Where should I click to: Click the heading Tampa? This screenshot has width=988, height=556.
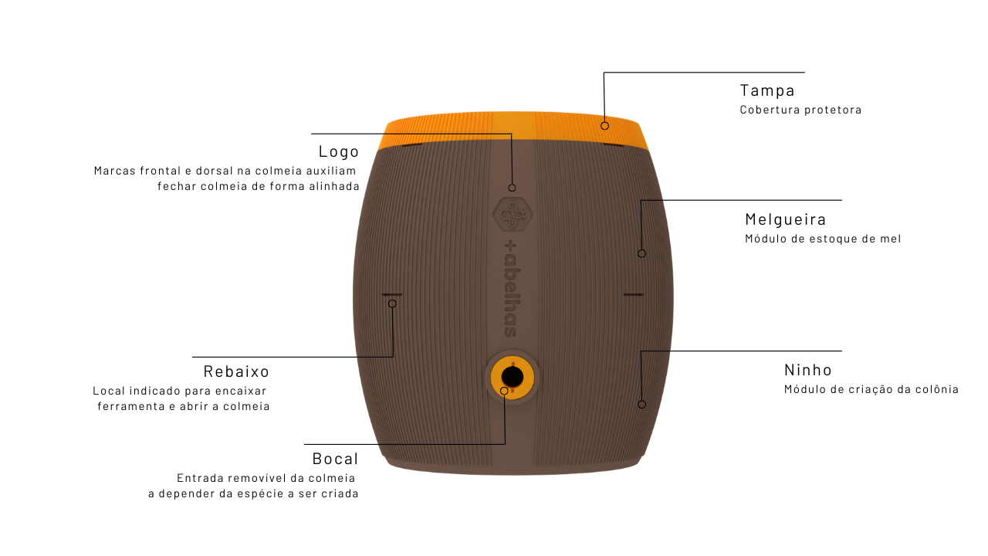pos(767,90)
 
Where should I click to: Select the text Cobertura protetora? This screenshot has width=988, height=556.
pos(800,110)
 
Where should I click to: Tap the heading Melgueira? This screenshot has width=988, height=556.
pos(786,219)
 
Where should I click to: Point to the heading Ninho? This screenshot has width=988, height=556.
pos(808,370)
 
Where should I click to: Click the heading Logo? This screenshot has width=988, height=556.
pos(339,151)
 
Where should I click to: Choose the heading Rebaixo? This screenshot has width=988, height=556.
pos(236,371)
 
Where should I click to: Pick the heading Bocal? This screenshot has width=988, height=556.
pos(335,459)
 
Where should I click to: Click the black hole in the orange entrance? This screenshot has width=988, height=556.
pos(513,377)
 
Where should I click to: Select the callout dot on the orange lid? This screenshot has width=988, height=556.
pos(605,125)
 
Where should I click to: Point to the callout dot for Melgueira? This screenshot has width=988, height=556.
pos(641,253)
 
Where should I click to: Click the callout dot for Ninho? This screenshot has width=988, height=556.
pos(641,404)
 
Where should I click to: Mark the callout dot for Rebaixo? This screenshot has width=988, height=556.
pos(392,303)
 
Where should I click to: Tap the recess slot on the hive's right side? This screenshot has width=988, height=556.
pos(633,294)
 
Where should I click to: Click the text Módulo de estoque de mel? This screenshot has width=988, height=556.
pos(823,239)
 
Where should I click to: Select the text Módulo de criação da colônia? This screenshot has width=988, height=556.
pos(871,389)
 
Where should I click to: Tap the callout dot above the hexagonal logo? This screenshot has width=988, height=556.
pos(512,188)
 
